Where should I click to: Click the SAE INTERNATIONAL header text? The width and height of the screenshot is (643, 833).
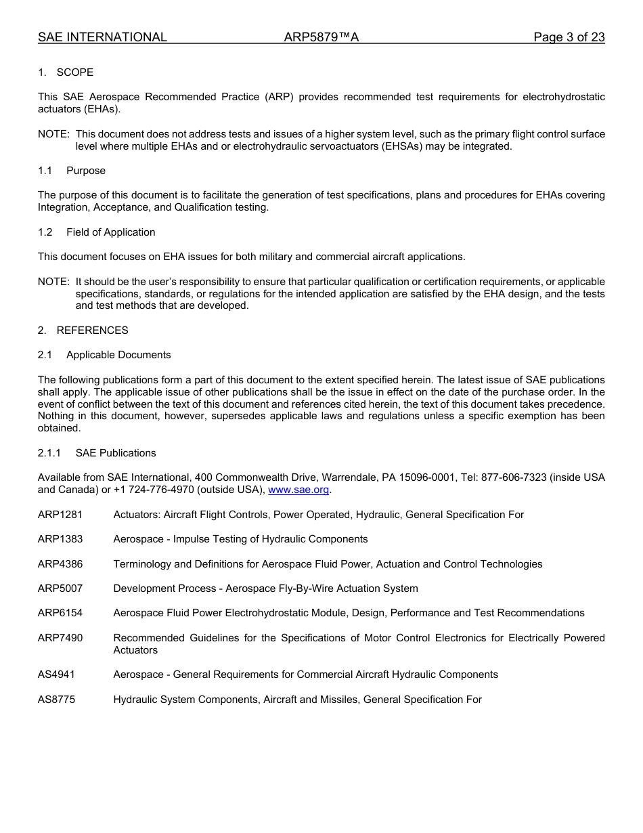(x=102, y=37)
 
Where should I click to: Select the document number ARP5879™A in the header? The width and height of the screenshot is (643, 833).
(x=321, y=37)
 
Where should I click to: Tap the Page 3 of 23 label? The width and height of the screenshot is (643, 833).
(x=569, y=37)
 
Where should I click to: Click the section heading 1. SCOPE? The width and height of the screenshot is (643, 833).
(x=66, y=72)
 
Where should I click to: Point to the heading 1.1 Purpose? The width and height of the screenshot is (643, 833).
(x=72, y=171)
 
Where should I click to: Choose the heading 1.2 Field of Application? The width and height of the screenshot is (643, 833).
(x=97, y=232)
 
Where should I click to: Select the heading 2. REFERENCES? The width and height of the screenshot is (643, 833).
(x=83, y=330)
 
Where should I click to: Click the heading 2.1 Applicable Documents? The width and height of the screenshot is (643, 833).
(x=104, y=355)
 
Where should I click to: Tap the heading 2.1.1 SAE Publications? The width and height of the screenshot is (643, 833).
(x=97, y=453)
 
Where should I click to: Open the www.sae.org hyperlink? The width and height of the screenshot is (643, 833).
(x=298, y=490)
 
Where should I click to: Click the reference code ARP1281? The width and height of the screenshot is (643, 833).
(x=60, y=515)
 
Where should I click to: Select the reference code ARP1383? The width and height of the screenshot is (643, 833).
(x=60, y=539)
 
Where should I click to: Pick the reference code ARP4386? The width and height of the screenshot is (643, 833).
(x=60, y=564)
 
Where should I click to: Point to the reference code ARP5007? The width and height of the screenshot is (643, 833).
(x=60, y=589)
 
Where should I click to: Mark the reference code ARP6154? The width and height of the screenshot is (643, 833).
(x=60, y=613)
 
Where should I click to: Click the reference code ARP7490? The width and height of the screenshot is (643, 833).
(x=60, y=638)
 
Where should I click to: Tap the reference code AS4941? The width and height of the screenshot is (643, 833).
(x=57, y=675)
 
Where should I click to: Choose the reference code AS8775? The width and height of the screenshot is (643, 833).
(x=57, y=700)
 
